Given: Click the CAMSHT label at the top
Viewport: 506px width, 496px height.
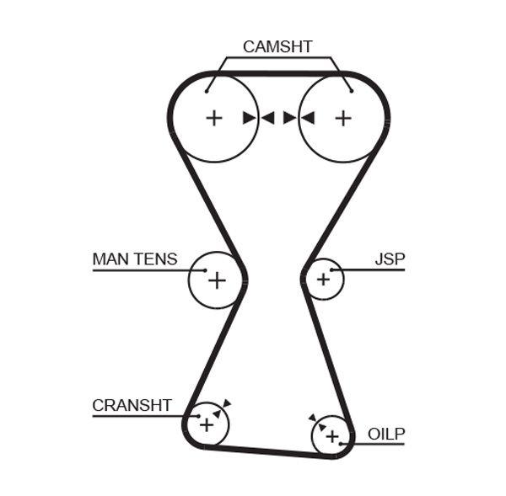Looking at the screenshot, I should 277,46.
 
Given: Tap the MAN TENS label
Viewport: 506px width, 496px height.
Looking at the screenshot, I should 135,259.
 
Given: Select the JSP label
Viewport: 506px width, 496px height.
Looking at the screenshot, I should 389,259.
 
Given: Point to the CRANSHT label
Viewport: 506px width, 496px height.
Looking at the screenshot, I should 132,405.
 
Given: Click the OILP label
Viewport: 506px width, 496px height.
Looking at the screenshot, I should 386,435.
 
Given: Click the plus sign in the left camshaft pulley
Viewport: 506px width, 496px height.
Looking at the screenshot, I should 214,118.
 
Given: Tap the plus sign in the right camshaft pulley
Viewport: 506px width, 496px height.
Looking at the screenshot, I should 342,118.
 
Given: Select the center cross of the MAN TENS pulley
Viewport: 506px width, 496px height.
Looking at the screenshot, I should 217,280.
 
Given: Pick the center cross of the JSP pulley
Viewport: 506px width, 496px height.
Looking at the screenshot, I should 323,279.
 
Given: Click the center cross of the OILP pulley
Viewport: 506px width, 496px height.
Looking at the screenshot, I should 332,435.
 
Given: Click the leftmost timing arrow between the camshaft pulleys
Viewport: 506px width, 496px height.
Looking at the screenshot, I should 249,118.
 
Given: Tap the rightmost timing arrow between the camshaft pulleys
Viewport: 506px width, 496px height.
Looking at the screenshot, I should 307,118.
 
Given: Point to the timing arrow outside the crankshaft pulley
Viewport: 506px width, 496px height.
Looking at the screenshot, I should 227,403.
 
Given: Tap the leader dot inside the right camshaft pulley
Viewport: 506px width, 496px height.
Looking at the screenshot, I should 350,89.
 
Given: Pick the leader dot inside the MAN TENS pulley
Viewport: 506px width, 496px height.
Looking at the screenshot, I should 204,270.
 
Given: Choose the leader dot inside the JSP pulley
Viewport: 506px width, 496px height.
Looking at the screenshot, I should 332,270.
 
